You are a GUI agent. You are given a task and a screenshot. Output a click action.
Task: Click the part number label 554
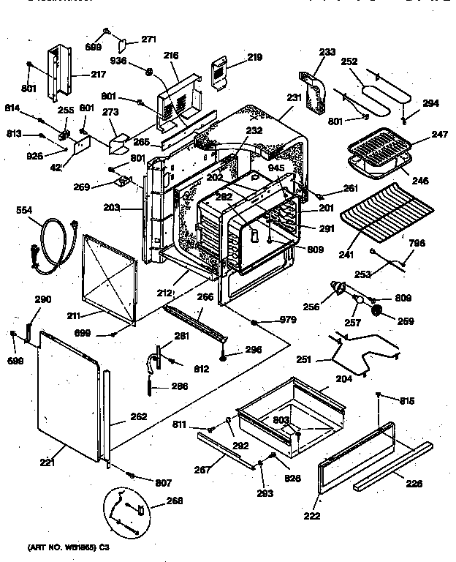point(24,211)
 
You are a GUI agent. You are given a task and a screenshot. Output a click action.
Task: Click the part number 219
point(234,57)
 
